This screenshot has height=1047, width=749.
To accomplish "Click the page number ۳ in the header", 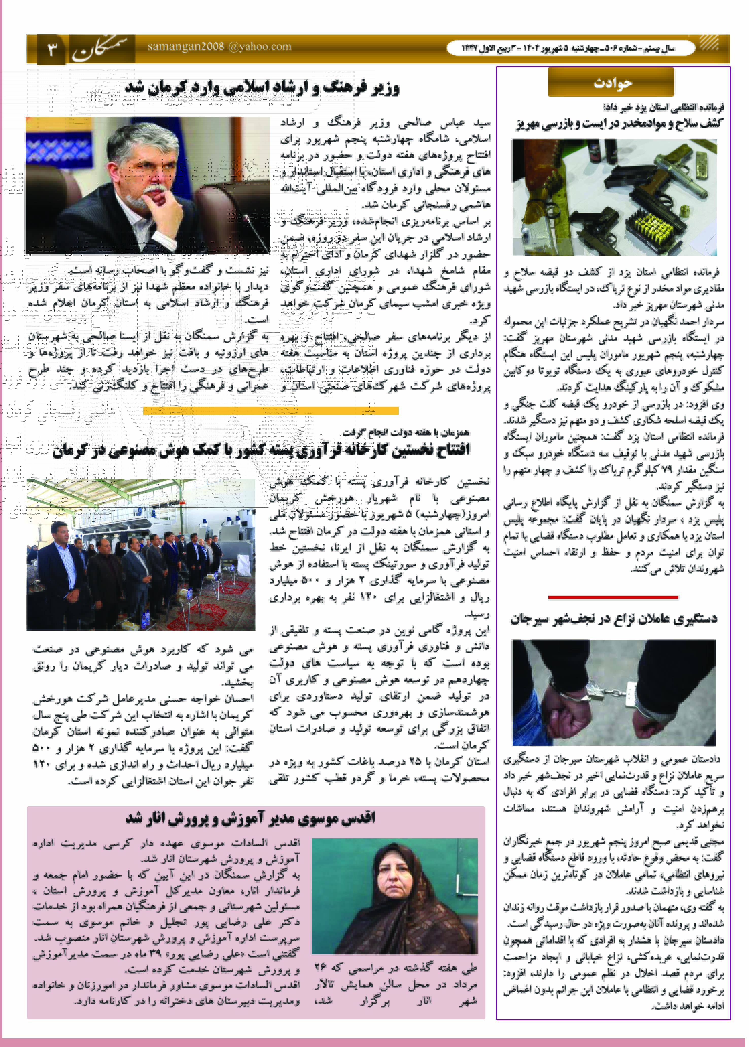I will (52, 48).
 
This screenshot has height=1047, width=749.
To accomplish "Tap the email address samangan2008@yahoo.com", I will (219, 47).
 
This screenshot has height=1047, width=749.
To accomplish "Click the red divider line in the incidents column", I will (613, 597).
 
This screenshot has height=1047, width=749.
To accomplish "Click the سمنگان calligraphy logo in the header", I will (102, 49).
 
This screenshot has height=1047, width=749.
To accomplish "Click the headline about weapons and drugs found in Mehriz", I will (619, 123).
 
